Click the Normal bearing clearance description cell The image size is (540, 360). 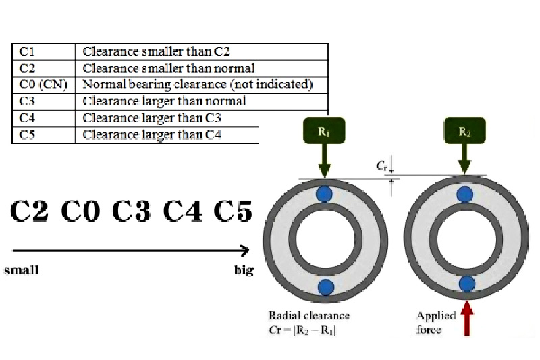(x=197, y=84)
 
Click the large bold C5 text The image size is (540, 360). (x=233, y=211)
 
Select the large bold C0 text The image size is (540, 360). (x=80, y=211)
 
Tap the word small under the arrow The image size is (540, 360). (x=22, y=270)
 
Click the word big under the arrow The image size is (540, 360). (x=244, y=270)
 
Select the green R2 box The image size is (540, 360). (x=464, y=131)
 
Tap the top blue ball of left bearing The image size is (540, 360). (x=325, y=194)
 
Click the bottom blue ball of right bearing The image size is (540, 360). (x=466, y=284)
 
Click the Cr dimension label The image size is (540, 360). (x=383, y=165)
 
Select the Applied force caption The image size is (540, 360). (x=435, y=323)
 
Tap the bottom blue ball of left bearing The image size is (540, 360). (x=325, y=286)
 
